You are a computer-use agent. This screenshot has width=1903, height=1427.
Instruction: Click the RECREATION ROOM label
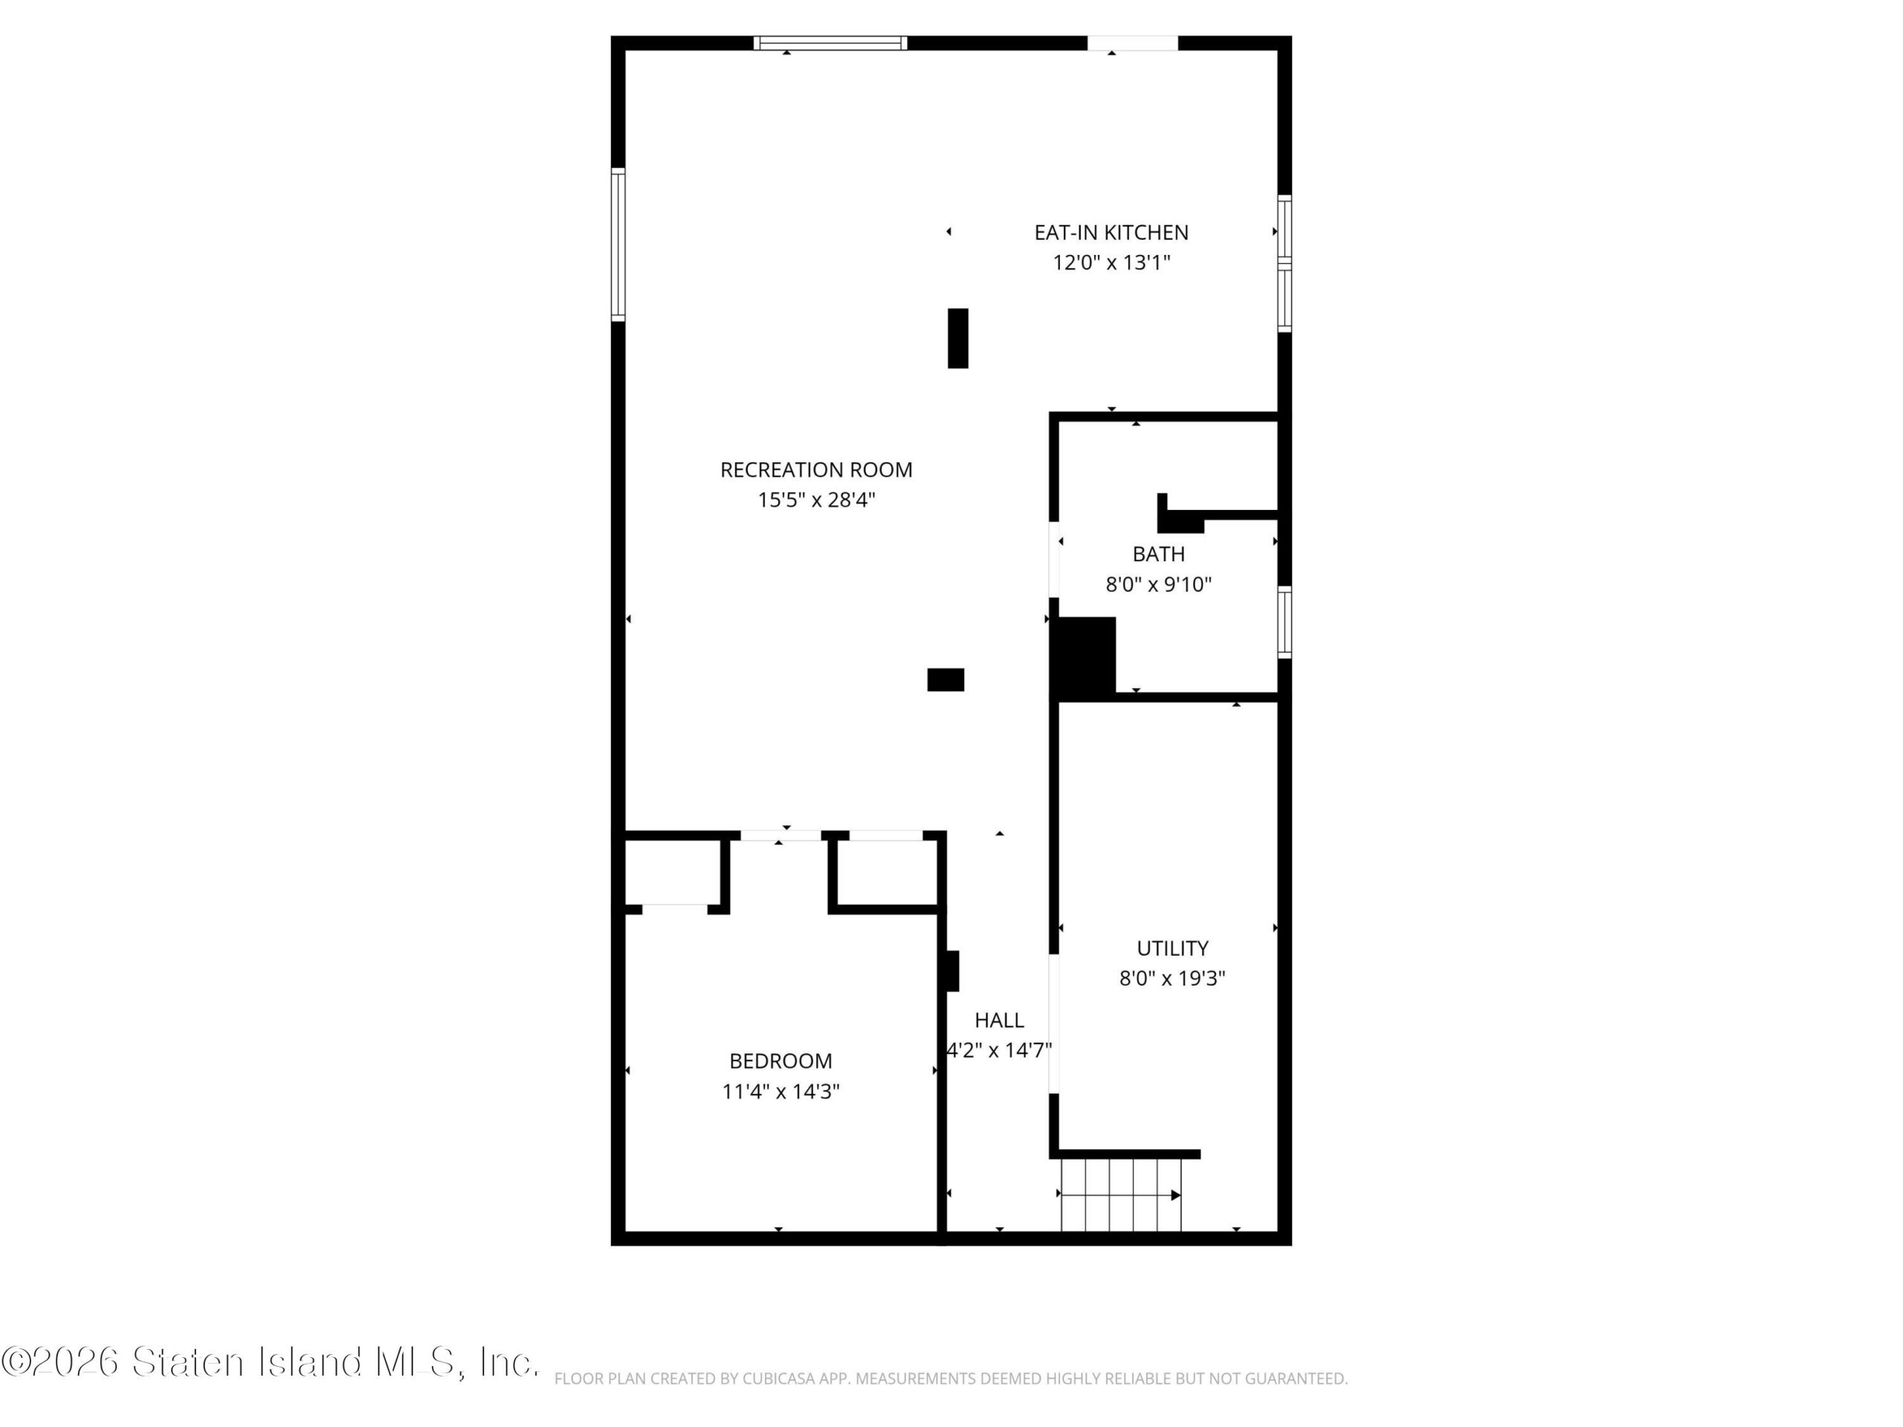(x=815, y=470)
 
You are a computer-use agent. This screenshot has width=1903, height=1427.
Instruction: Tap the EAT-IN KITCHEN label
(x=1111, y=232)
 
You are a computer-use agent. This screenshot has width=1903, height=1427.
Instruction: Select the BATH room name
(x=1158, y=554)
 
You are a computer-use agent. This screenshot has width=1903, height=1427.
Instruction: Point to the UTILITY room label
(x=1172, y=948)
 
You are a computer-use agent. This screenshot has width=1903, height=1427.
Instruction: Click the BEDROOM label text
(x=781, y=1061)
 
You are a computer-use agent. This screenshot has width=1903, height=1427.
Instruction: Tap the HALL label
(x=999, y=1020)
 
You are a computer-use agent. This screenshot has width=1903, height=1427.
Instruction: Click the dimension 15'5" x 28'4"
(x=815, y=499)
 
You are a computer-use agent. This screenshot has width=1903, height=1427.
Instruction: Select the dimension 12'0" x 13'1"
(x=1111, y=262)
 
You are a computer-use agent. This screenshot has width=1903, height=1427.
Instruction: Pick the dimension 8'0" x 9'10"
(x=1158, y=585)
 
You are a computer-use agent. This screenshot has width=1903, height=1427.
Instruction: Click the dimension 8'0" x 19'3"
(x=1172, y=978)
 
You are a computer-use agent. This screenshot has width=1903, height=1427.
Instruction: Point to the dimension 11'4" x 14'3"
(x=781, y=1092)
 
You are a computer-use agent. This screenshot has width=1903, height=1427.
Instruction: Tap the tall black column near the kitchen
(x=957, y=338)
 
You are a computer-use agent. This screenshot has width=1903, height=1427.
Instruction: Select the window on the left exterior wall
(x=618, y=245)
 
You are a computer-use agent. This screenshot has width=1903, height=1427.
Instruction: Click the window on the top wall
(x=830, y=43)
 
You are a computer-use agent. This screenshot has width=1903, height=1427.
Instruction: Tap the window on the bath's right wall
(x=1285, y=622)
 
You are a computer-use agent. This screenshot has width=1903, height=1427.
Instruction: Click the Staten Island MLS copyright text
(x=269, y=1362)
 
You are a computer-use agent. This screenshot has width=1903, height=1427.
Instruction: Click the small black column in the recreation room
(x=946, y=679)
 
